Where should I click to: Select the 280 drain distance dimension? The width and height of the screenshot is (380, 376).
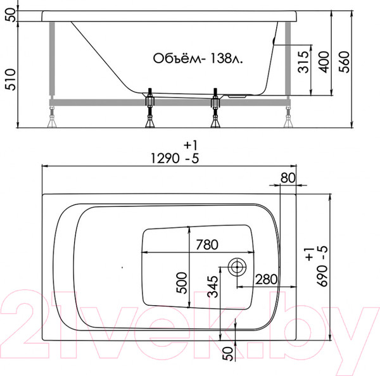266,279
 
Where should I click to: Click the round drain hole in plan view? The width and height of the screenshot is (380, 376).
239,266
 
